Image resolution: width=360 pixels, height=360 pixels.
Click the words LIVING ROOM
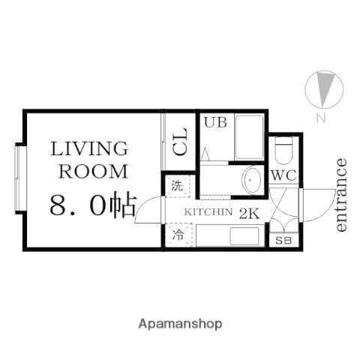[x=88, y=158]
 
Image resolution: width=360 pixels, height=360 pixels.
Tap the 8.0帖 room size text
[x=91, y=205]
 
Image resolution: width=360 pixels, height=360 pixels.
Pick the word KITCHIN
[x=208, y=213]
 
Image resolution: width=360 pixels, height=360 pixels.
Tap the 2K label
[x=248, y=213]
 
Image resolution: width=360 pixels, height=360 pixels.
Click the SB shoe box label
[x=283, y=241]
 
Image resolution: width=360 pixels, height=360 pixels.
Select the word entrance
[x=342, y=195]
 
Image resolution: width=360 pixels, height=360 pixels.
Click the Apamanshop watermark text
[x=180, y=324]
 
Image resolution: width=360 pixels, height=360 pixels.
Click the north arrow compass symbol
[x=323, y=88]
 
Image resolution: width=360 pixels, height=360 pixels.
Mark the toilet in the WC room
[x=283, y=154]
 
